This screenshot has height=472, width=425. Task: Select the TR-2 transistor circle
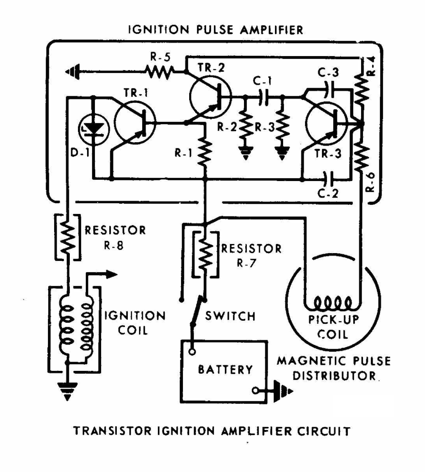[x=210, y=96]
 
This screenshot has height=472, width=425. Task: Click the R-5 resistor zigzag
[x=160, y=72]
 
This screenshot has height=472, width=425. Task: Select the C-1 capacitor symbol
[x=263, y=97]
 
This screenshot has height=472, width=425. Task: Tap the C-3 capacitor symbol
[x=329, y=90]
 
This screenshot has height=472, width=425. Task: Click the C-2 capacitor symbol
[x=328, y=179]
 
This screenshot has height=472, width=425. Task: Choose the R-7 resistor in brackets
[x=205, y=254]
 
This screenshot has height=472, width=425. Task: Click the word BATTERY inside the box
[x=225, y=370]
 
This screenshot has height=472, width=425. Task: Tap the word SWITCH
[x=230, y=316]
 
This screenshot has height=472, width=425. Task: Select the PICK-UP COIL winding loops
[x=333, y=303]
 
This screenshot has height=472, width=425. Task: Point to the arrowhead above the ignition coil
[x=112, y=274]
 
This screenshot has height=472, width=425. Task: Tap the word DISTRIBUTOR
[x=334, y=376]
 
